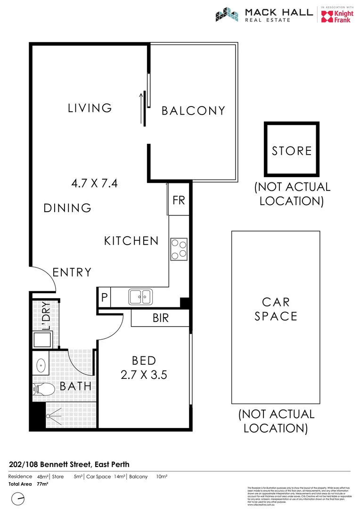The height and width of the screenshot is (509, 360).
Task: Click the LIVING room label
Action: coord(90,108)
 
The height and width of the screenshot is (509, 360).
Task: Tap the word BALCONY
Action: coord(193,111)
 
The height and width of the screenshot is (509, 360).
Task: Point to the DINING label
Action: coord(67,208)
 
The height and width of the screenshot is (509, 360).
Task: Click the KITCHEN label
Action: coord(131,241)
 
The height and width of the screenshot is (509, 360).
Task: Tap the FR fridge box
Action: coord(179,200)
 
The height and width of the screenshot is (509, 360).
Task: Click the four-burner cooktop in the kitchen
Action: coord(179,249)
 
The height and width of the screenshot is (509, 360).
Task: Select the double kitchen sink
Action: coord(140,297)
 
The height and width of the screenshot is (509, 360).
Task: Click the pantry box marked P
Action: coord(104,298)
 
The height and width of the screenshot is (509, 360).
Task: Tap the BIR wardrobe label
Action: coord(161,318)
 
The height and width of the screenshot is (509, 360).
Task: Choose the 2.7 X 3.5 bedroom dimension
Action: coord(144,375)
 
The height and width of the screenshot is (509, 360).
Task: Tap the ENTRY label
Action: coord(72,272)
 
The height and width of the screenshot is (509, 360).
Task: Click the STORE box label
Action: coord(292,151)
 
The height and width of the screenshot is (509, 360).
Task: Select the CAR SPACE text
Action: coord(276,309)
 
